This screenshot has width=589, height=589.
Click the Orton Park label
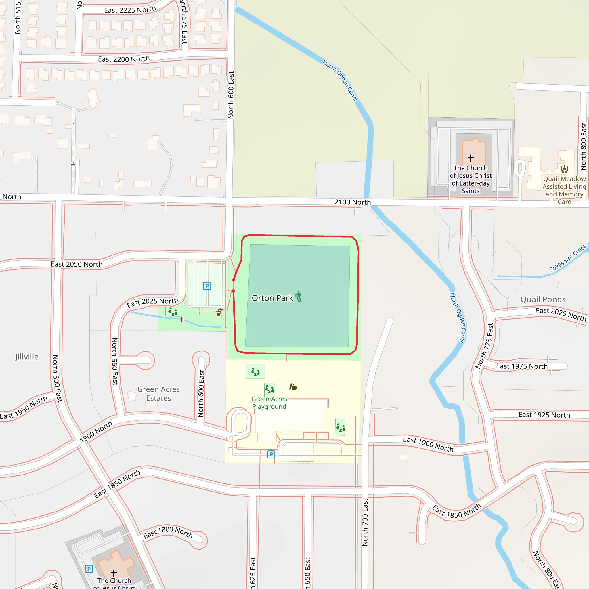272,298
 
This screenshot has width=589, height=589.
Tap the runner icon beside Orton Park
299,296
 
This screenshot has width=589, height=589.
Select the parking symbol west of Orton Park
207,286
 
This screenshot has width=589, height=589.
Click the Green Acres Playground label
269,402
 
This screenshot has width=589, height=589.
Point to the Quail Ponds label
543,299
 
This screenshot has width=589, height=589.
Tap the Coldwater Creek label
567,258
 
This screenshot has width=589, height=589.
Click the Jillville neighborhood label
27,357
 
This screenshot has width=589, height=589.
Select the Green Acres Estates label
158,394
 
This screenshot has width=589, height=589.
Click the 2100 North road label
352,202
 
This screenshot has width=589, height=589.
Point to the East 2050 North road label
77,264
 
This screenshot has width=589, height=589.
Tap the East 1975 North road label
522,366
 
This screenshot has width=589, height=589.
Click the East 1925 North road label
544,415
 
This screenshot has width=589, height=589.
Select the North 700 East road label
365,522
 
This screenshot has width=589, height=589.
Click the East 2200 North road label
124,59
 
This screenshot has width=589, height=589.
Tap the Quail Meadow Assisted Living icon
564,169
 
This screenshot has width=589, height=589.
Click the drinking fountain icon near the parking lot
219,312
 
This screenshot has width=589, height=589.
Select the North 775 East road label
484,346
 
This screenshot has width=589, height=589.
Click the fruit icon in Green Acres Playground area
293,387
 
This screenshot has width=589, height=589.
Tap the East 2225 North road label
130,10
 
